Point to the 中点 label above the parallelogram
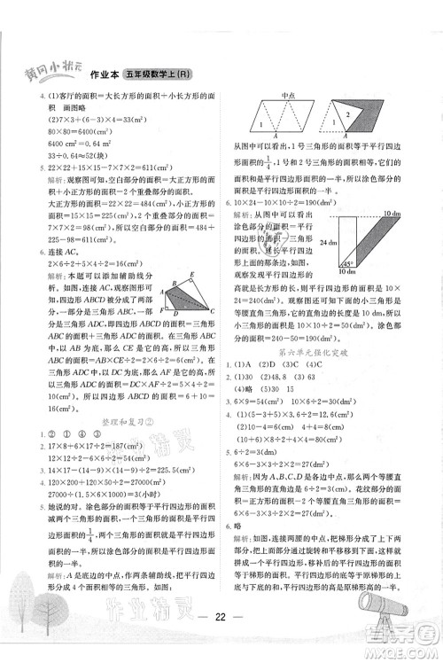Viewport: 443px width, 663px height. click(x=287, y=95)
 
